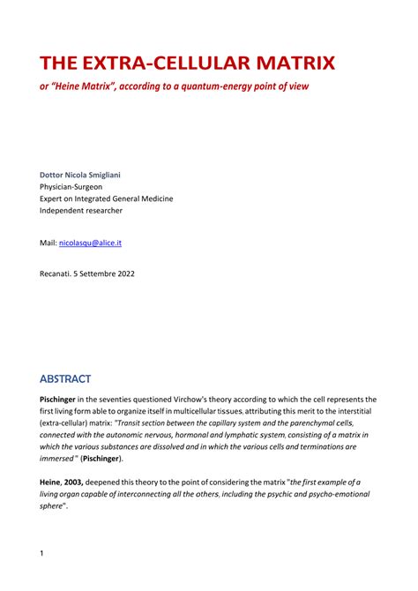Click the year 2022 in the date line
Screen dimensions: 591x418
123,273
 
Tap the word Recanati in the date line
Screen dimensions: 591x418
58,273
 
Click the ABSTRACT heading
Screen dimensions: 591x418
64,379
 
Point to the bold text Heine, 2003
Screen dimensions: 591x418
65,482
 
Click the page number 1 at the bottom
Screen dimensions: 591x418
42,553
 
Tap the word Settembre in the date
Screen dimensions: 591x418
94,273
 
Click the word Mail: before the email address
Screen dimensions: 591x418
48,242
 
